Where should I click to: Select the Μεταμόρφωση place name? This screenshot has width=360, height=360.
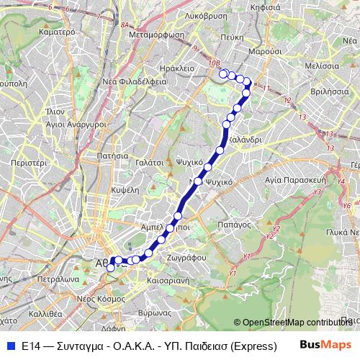coord(156,32)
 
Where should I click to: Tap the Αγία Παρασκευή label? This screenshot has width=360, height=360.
coord(296,179)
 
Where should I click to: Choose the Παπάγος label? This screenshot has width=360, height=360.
coord(251,225)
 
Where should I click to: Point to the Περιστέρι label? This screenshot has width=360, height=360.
coord(29,163)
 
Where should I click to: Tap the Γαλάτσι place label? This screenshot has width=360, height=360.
coord(148,163)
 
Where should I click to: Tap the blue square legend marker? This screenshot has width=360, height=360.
coord(11,346)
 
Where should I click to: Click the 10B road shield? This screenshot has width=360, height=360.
coord(214,63)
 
